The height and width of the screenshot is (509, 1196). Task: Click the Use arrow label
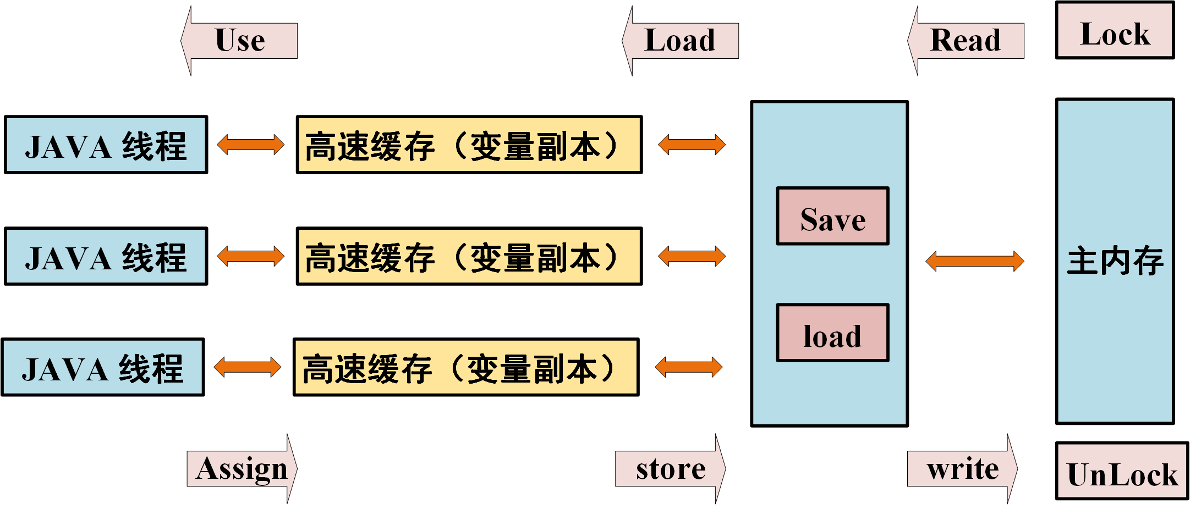[x=240, y=41]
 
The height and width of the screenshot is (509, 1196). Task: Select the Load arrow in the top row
[x=680, y=41]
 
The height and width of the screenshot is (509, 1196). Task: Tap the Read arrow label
[x=965, y=41]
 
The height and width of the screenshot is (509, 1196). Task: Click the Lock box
[x=1115, y=31]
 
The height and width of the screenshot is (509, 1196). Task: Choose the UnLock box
[x=1122, y=471]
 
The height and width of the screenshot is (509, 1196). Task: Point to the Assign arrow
[x=242, y=469]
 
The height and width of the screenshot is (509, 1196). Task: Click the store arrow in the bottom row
[x=671, y=469]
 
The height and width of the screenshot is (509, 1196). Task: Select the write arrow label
[x=962, y=469]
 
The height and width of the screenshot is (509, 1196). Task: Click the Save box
[x=832, y=216]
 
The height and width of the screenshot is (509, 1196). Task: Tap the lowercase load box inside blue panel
[x=832, y=333]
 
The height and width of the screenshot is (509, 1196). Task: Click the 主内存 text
[x=1115, y=261]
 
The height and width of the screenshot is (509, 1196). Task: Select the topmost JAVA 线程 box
[x=106, y=145]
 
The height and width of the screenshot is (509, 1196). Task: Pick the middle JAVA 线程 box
[x=106, y=257]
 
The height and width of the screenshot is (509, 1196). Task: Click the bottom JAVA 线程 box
[x=103, y=367]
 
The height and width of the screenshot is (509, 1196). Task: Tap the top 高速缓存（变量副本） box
[x=469, y=145]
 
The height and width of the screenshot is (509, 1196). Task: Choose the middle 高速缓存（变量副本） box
[x=469, y=257]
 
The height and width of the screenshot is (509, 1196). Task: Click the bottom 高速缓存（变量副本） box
[x=466, y=367]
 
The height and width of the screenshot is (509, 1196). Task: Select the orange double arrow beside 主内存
[x=975, y=261]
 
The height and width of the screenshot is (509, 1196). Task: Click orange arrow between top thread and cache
[x=251, y=145]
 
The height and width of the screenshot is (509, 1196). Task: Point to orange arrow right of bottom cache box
[x=689, y=367]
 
